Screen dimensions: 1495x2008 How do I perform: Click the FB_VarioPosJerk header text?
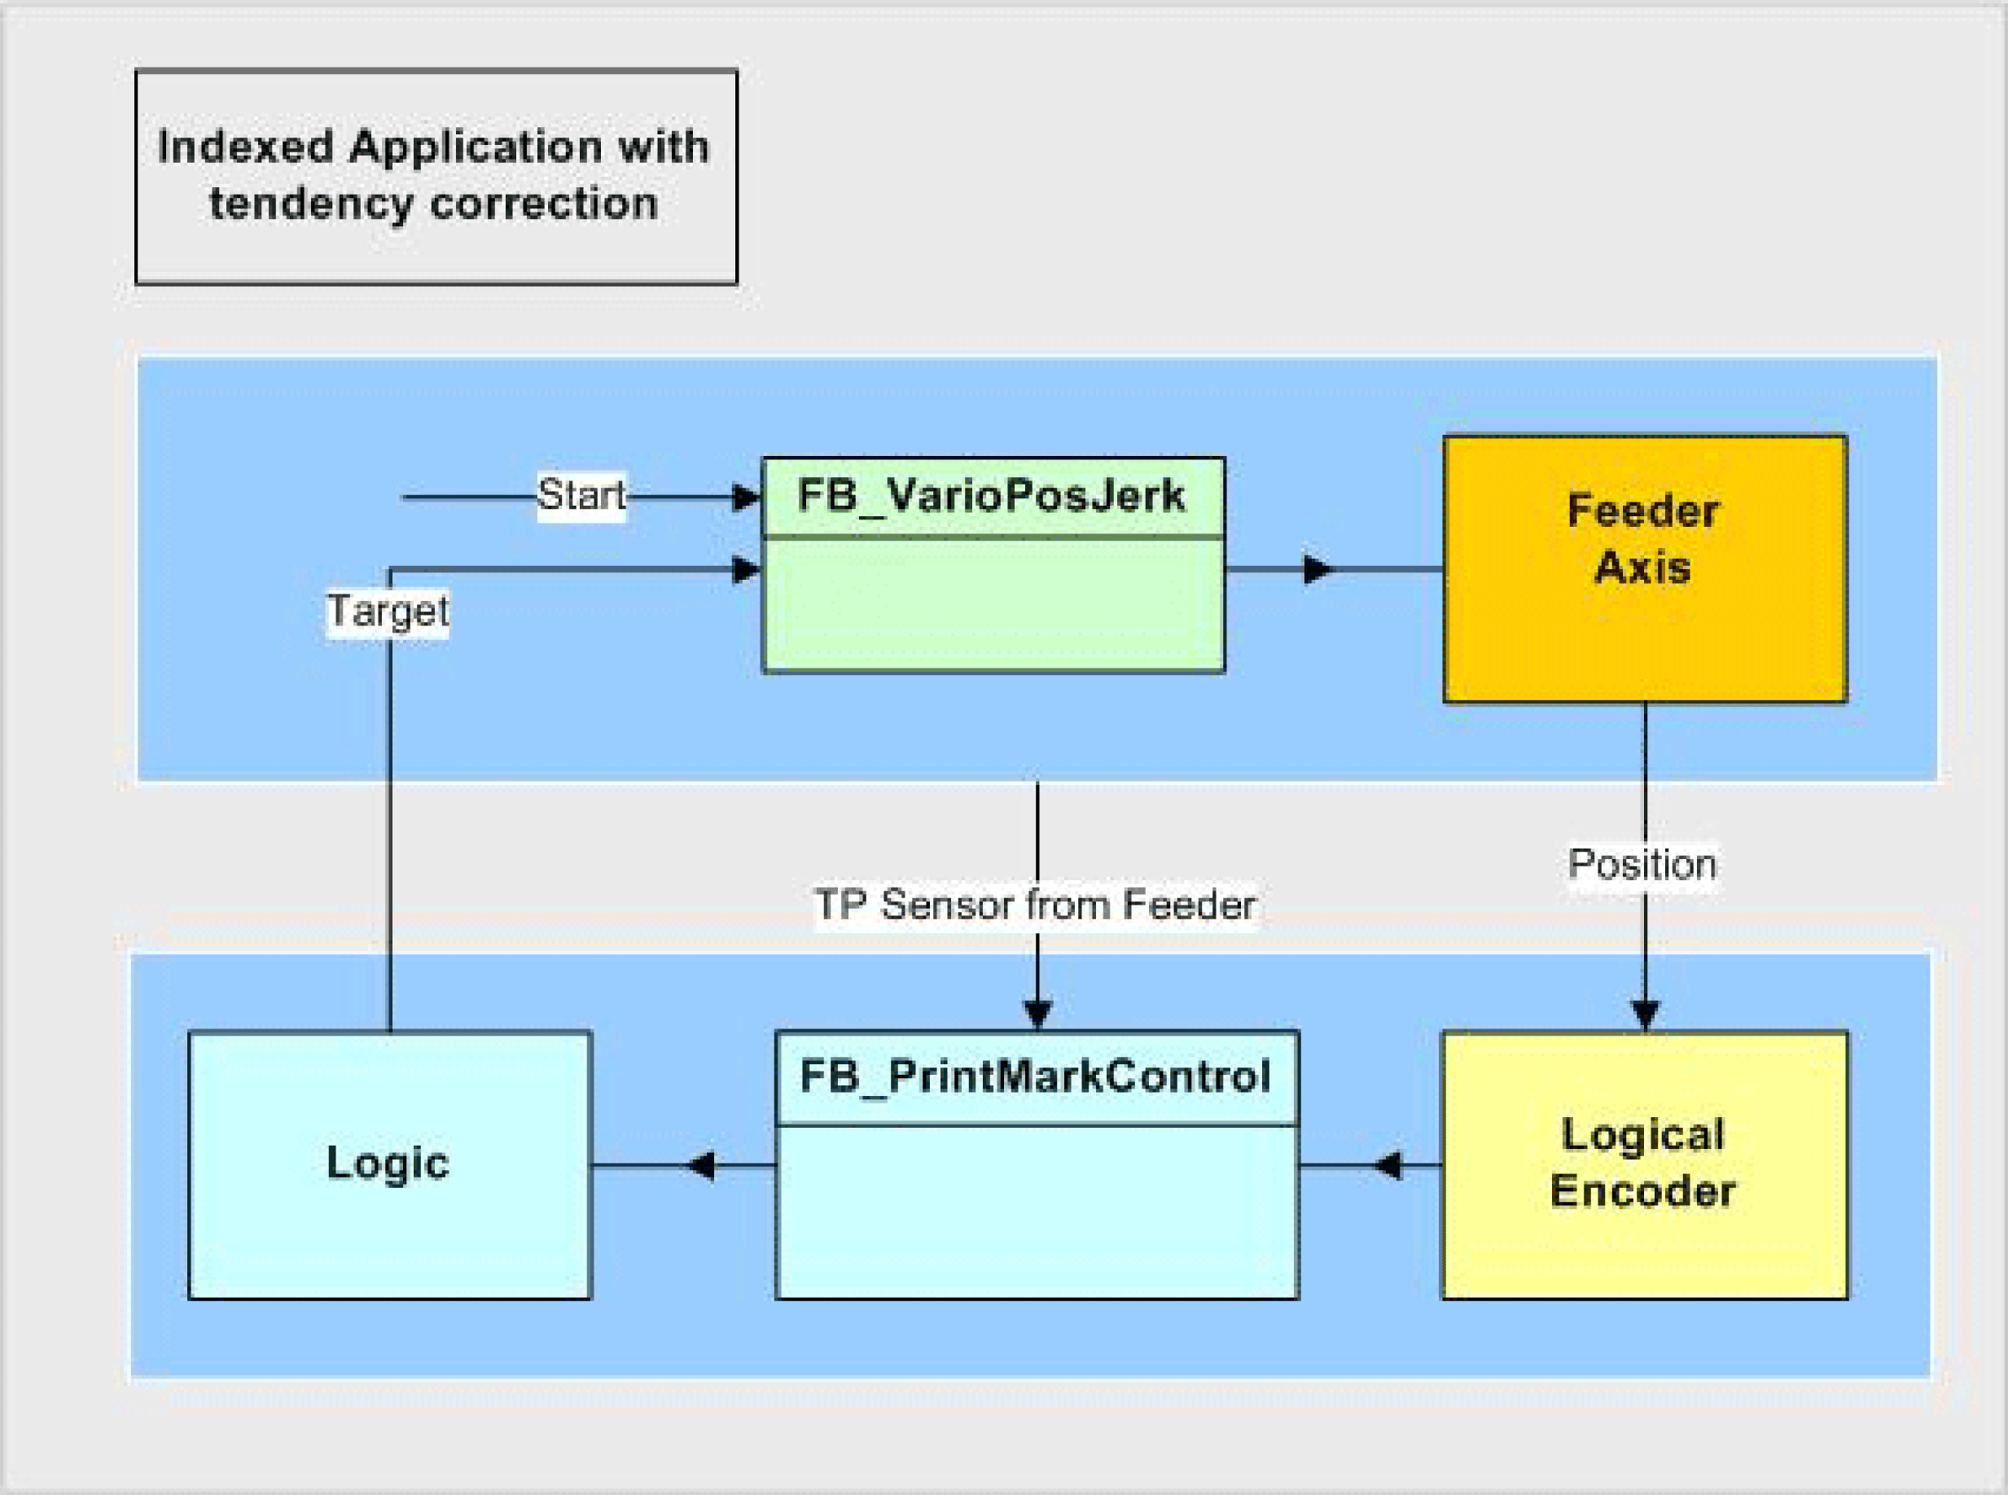point(991,496)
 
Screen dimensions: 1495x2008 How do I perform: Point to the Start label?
point(581,495)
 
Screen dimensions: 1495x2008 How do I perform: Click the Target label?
point(388,611)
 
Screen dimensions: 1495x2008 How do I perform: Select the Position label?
point(1642,865)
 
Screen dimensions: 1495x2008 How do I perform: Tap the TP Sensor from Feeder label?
point(1034,905)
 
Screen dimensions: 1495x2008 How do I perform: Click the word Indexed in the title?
point(245,147)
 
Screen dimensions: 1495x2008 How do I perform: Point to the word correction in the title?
point(544,204)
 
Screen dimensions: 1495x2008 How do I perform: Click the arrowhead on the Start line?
point(747,497)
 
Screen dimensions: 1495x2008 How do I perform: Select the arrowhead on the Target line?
point(747,569)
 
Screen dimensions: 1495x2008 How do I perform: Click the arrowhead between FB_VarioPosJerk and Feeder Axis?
point(1318,569)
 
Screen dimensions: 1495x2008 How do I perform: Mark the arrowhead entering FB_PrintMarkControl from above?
point(1037,1014)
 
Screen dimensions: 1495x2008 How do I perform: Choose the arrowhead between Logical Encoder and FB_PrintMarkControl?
point(1388,1165)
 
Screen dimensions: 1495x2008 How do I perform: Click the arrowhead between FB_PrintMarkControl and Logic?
point(700,1165)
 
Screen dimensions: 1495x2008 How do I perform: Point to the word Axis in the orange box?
point(1642,568)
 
